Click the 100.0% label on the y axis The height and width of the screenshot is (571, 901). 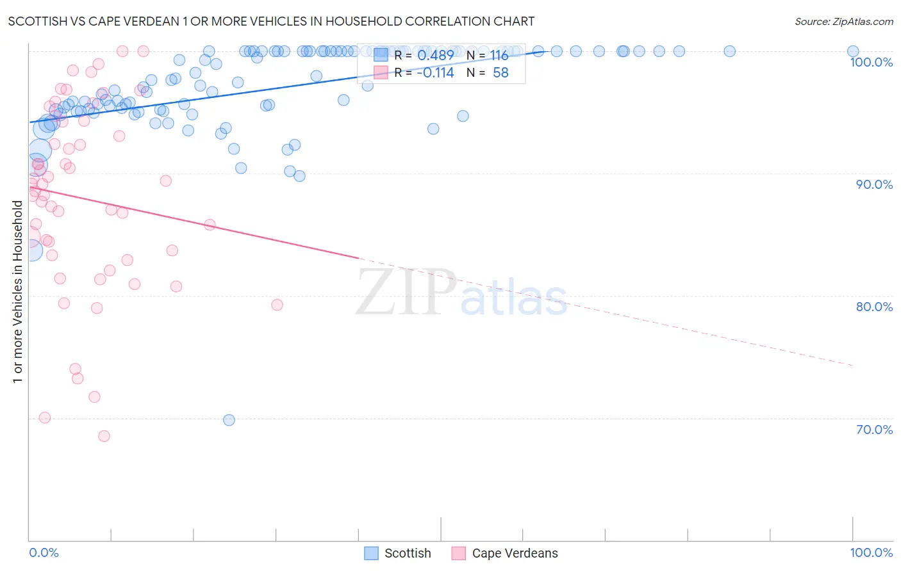(871, 62)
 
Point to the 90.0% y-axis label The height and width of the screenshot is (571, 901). (874, 184)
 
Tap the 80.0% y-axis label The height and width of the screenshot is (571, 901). (874, 307)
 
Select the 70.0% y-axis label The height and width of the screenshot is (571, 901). (874, 430)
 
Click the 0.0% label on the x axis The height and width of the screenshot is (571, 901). (44, 552)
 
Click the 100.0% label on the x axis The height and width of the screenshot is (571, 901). (871, 552)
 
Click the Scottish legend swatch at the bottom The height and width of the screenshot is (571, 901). (371, 553)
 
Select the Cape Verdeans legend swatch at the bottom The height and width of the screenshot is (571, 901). (458, 553)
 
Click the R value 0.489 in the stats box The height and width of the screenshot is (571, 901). (435, 56)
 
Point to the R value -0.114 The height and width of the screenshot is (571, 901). (435, 73)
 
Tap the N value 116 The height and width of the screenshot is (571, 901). (499, 56)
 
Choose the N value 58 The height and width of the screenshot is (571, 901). (500, 73)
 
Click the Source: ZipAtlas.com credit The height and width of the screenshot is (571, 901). (843, 22)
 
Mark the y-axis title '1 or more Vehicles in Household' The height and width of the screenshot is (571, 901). (18, 292)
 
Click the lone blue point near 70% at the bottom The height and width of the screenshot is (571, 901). (229, 420)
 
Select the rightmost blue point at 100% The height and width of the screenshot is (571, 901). (853, 51)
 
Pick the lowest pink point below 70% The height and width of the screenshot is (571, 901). (104, 436)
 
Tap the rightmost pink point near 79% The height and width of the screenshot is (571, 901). (277, 305)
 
